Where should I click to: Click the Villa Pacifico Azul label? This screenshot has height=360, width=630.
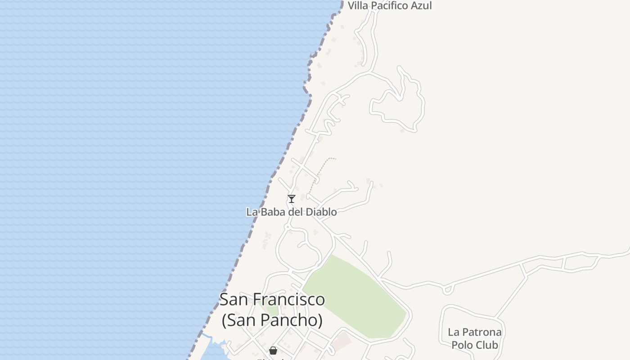(390, 6)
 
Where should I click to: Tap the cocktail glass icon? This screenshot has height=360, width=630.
(292, 198)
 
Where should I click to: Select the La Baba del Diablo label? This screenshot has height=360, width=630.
(291, 211)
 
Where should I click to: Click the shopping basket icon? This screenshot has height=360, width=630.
(273, 351)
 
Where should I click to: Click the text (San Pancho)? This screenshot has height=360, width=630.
(272, 320)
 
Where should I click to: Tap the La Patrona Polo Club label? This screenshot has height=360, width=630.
(474, 338)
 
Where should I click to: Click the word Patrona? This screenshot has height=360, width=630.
(481, 333)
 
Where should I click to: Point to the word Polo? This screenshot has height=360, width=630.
(462, 345)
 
